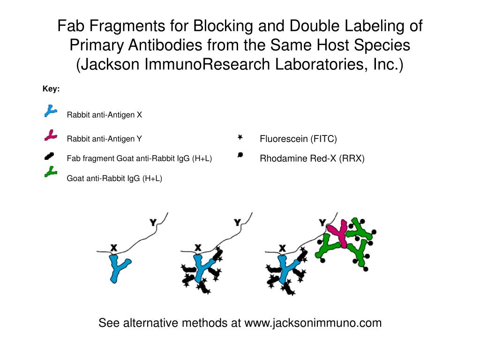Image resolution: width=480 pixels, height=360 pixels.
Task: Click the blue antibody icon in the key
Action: pyautogui.click(x=49, y=111)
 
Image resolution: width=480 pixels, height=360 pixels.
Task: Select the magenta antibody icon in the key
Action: pyautogui.click(x=50, y=136)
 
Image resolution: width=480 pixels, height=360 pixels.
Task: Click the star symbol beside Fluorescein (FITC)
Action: pyautogui.click(x=240, y=138)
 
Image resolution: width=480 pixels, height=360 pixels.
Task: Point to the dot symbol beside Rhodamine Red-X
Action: pyautogui.click(x=240, y=155)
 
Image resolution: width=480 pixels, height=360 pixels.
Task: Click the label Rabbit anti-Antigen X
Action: pyautogui.click(x=104, y=115)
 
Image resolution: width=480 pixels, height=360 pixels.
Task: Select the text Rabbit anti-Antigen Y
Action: pyautogui.click(x=104, y=139)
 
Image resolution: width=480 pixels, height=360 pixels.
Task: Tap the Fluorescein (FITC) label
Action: pyautogui.click(x=298, y=139)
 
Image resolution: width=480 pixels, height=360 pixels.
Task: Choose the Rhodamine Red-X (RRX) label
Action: pyautogui.click(x=312, y=158)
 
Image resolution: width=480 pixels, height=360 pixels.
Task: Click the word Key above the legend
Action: pyautogui.click(x=51, y=89)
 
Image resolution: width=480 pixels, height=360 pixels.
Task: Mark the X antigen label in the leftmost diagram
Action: pyautogui.click(x=113, y=247)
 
